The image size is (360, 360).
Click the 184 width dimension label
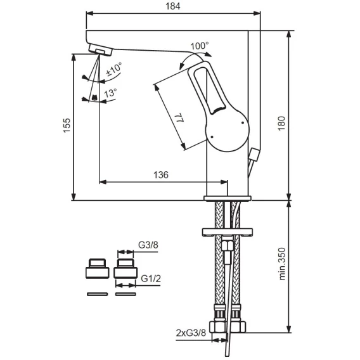tap(173, 6)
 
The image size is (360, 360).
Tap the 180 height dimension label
tap(281, 124)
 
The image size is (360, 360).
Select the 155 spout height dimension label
tap(67, 125)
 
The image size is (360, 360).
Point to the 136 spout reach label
tap(161, 175)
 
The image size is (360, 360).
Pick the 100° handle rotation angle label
tap(200, 46)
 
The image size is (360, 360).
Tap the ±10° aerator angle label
tap(113, 70)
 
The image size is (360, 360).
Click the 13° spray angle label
tap(110, 93)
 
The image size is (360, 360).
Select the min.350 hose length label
tap(282, 264)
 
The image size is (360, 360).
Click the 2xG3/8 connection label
tap(191, 333)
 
